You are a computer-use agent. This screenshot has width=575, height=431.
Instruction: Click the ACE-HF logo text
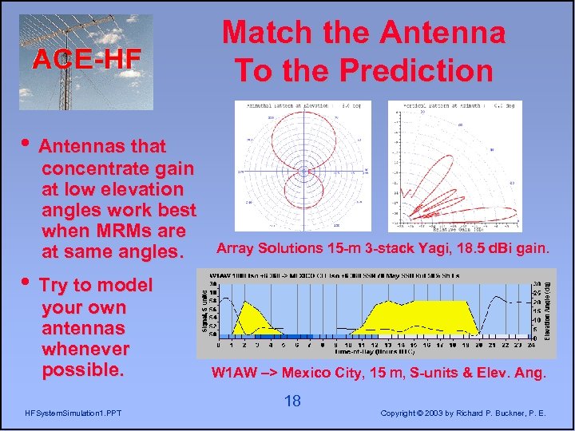(85, 57)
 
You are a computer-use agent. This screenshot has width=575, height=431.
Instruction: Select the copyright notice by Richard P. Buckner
(463, 412)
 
